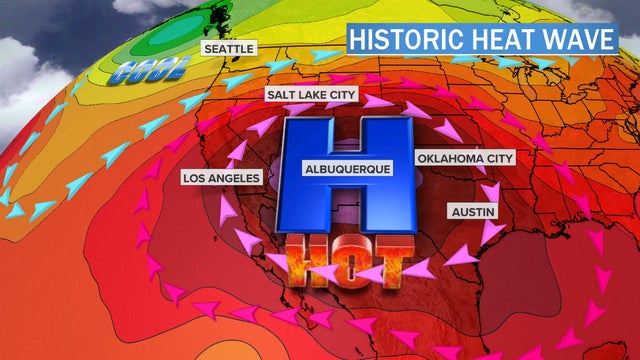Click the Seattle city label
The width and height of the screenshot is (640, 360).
click(x=229, y=47)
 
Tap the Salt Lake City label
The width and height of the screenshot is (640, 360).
click(x=308, y=94)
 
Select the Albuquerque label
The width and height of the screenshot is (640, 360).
click(x=349, y=170)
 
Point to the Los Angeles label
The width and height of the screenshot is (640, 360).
click(x=221, y=178)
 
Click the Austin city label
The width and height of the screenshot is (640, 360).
click(x=472, y=212)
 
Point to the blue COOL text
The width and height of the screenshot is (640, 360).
click(x=150, y=72)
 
